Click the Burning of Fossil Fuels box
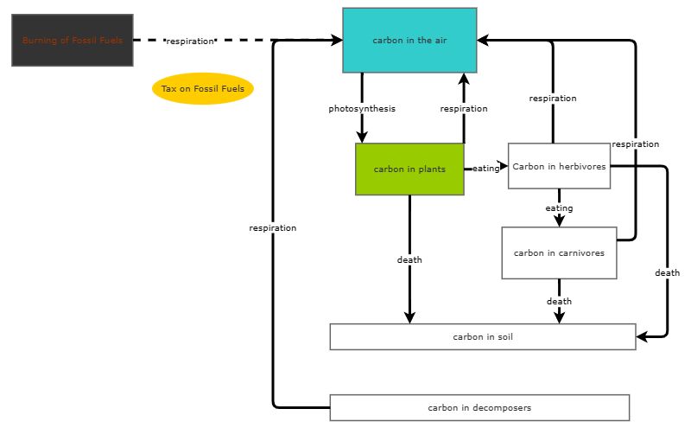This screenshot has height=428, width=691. [73, 41]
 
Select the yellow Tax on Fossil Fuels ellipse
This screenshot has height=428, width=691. [202, 89]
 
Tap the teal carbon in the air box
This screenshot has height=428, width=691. [409, 41]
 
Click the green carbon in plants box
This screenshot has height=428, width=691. [409, 169]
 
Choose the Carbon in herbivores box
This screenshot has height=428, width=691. [559, 166]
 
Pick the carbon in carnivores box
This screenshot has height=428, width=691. [559, 253]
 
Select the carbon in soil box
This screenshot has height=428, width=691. [482, 337]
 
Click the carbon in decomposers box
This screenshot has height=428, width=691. [479, 407]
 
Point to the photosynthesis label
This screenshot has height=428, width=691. [362, 109]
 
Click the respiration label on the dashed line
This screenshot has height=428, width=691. [190, 41]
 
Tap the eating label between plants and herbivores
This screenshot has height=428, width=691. [485, 169]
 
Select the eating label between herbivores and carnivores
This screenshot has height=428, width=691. [559, 208]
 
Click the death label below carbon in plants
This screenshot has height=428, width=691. [409, 259]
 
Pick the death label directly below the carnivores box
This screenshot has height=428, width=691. [559, 302]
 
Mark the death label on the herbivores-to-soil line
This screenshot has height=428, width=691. [667, 273]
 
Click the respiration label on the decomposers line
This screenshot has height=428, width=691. [273, 228]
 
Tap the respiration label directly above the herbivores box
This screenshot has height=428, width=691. [553, 99]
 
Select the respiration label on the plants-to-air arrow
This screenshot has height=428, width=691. [464, 109]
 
